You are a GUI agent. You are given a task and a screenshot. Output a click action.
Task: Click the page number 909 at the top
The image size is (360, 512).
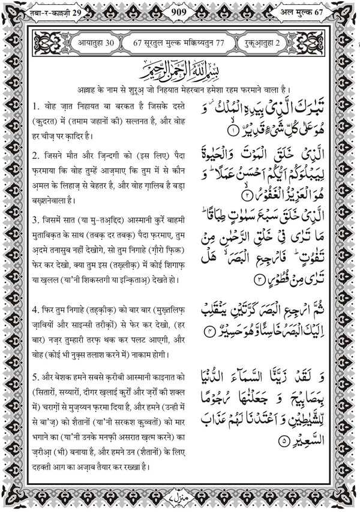coord(179,12)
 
